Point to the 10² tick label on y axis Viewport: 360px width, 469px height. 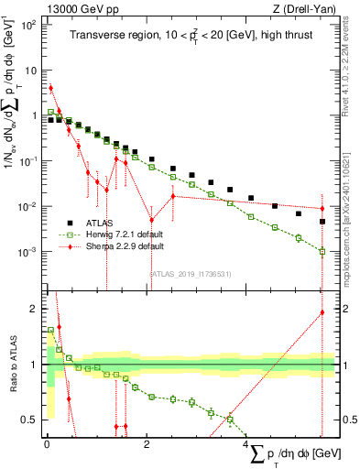tap(31, 25)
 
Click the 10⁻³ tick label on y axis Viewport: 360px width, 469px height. tap(31, 252)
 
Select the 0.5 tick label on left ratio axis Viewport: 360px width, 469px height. tap(34, 420)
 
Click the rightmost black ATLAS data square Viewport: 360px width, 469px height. tap(322, 222)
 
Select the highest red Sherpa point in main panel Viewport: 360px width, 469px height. tap(51, 88)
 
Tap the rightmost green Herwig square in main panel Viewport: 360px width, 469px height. tap(322, 251)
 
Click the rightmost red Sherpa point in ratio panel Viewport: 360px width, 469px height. tap(322, 312)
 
